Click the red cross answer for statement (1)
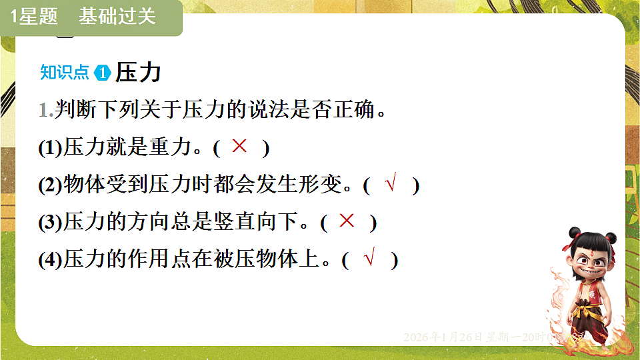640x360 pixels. click(x=239, y=147)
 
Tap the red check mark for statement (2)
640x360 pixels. click(x=391, y=184)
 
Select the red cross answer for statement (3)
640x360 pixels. click(x=347, y=221)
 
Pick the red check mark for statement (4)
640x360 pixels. click(x=369, y=258)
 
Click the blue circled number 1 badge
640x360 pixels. click(x=103, y=73)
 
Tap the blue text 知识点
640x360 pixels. click(x=65, y=72)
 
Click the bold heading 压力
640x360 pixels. click(x=138, y=72)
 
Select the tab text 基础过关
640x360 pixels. click(x=117, y=17)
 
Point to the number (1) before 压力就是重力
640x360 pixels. click(x=51, y=148)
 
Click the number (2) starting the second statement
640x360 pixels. click(x=51, y=185)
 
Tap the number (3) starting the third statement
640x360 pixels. click(x=51, y=223)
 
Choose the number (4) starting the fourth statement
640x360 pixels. click(x=51, y=260)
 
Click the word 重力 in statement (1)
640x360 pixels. click(x=170, y=148)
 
